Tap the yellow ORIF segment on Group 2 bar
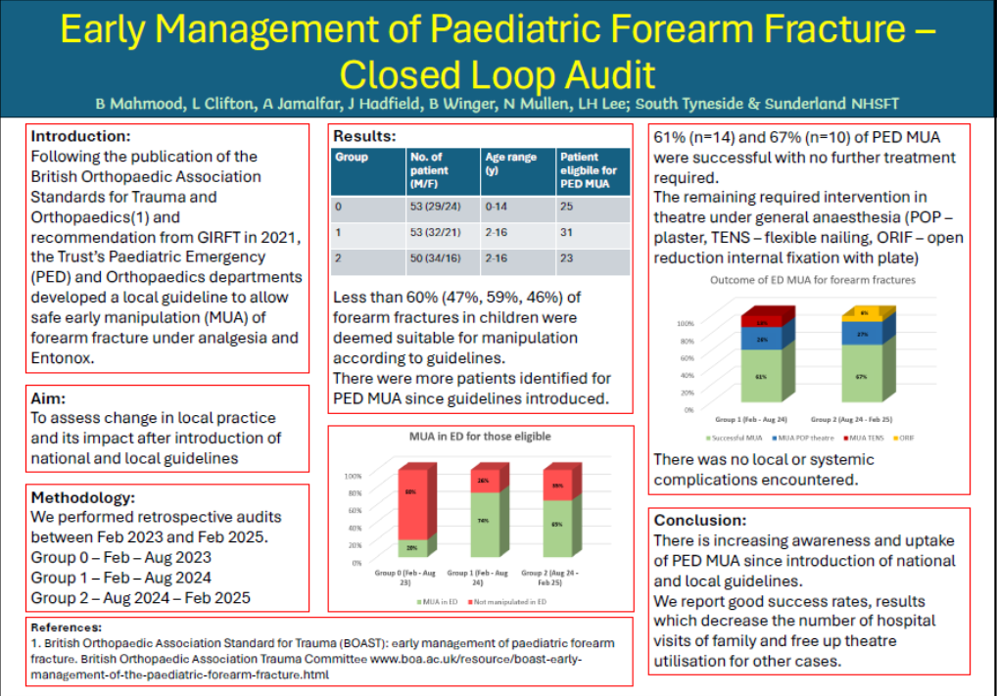(864, 313)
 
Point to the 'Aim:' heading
(48, 398)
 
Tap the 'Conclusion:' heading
(700, 520)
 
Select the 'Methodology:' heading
(81, 497)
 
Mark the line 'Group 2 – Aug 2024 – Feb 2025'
(140, 598)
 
